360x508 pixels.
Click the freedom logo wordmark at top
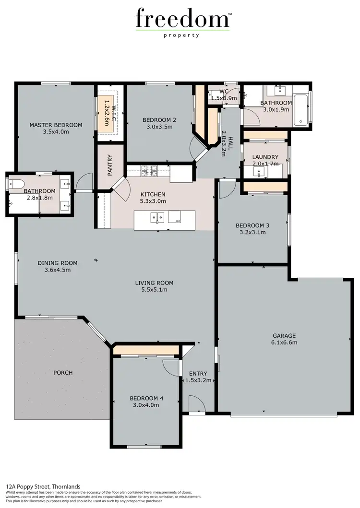point(182,19)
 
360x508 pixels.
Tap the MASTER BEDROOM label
point(56,125)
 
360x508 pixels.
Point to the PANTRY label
point(110,165)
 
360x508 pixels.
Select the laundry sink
point(258,172)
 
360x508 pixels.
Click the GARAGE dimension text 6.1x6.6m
point(284,343)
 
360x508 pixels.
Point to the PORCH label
point(63,373)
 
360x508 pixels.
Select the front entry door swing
point(196,404)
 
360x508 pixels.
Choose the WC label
point(224,91)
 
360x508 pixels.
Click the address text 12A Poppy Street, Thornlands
point(43,486)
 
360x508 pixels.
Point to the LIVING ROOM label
point(154,283)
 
